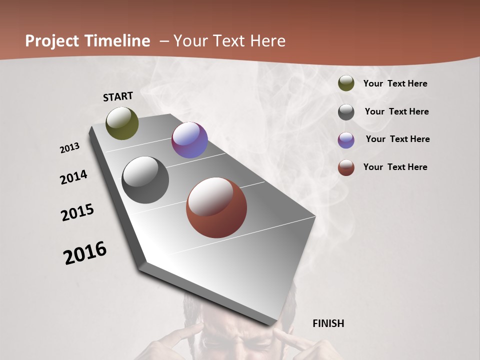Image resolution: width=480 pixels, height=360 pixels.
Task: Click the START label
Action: pyautogui.click(x=118, y=96)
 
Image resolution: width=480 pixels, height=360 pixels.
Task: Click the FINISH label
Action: pyautogui.click(x=328, y=323)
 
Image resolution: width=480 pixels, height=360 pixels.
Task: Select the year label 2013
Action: pyautogui.click(x=70, y=148)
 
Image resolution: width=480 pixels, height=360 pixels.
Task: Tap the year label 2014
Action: pyautogui.click(x=73, y=177)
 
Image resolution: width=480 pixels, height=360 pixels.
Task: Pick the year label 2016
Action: pyautogui.click(x=85, y=253)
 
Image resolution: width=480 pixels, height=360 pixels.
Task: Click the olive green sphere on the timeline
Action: pyautogui.click(x=122, y=123)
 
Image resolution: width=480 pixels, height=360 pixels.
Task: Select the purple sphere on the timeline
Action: pyautogui.click(x=189, y=140)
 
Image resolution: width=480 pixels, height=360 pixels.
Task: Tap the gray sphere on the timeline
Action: pyautogui.click(x=145, y=180)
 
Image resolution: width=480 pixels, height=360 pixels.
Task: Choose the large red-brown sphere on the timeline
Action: pyautogui.click(x=216, y=207)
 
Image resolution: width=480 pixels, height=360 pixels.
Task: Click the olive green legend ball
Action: pyautogui.click(x=346, y=83)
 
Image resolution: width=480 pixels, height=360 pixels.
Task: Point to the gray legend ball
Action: pyautogui.click(x=346, y=112)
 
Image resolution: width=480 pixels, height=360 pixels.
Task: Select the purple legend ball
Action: pyautogui.click(x=346, y=140)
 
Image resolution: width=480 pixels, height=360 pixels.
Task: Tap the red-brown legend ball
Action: pyautogui.click(x=346, y=167)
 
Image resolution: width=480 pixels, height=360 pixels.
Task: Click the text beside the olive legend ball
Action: pyautogui.click(x=395, y=84)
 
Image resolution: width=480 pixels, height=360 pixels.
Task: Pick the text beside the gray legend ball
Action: pyautogui.click(x=396, y=111)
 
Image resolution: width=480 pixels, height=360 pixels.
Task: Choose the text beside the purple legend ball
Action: pyautogui.click(x=397, y=139)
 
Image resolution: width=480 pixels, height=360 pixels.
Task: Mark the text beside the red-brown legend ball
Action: pyautogui.click(x=395, y=167)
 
